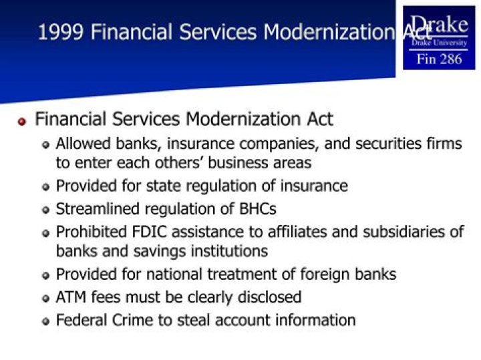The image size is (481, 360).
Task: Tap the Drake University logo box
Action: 439,37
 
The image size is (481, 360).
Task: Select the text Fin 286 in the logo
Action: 439,59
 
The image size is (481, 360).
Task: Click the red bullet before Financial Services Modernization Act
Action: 21,122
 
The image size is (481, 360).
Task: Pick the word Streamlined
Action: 97,208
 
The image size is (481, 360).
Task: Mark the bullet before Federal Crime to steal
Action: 45,321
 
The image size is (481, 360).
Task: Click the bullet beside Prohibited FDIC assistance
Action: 45,233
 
